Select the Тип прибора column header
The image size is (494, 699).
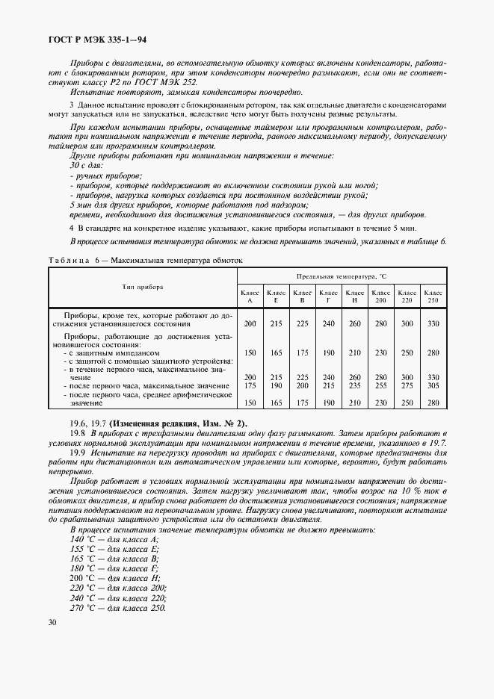(x=143, y=287)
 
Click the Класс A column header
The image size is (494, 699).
(x=250, y=296)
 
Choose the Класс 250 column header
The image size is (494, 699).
(x=432, y=296)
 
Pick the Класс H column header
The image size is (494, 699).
(x=355, y=296)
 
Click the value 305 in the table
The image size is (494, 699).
(x=432, y=386)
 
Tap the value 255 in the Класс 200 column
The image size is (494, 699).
(x=380, y=386)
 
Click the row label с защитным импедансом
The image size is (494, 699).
(x=112, y=352)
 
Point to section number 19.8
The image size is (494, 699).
(x=77, y=433)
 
